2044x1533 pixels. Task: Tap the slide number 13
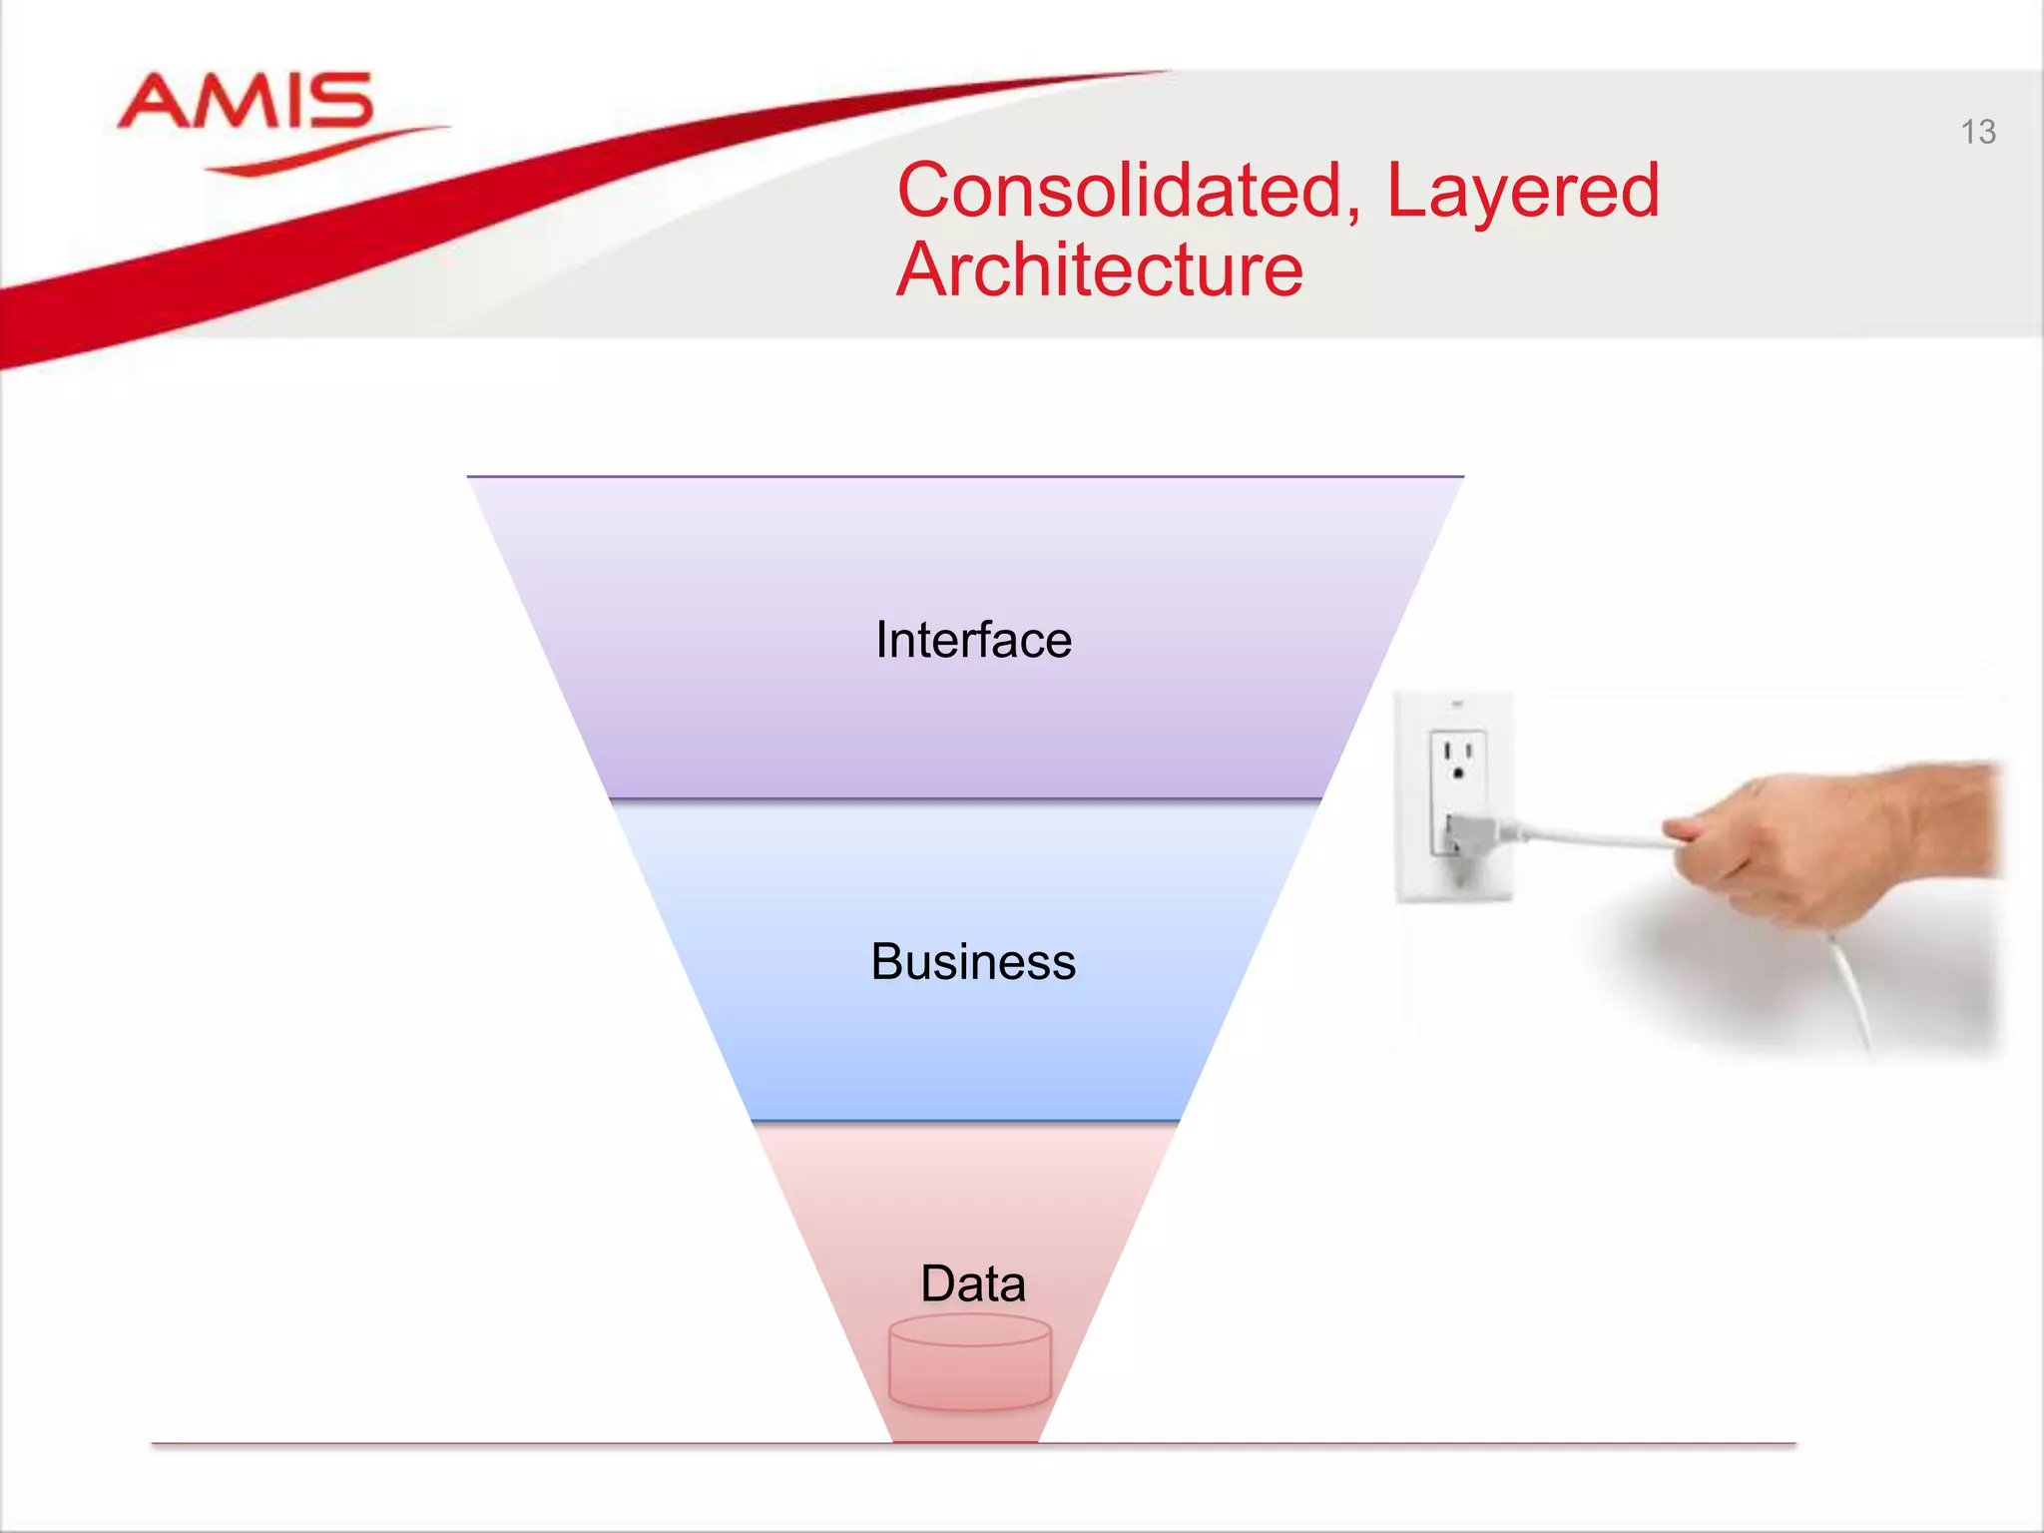click(x=1977, y=132)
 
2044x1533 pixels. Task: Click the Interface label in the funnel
click(x=973, y=640)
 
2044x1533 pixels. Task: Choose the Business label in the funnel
click(x=973, y=962)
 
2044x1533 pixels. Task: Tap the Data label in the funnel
click(x=973, y=1283)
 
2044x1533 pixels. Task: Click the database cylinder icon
click(x=970, y=1363)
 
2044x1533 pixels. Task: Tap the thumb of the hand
click(x=1697, y=828)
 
